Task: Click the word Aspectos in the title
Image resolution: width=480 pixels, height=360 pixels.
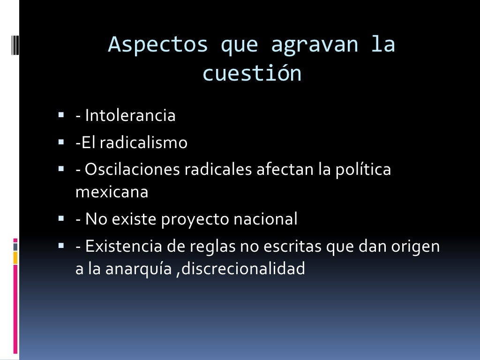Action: [158, 45]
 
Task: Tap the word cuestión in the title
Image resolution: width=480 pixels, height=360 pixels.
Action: [252, 74]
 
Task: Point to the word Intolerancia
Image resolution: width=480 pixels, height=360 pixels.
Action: [130, 115]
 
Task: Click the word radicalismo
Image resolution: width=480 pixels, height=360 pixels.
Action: [143, 142]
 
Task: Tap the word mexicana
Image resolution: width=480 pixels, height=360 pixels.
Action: [112, 192]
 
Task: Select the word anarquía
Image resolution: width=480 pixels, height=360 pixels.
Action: [141, 269]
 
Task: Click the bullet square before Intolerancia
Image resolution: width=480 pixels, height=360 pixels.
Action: [62, 114]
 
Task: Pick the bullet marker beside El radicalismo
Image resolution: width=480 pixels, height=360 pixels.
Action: [62, 142]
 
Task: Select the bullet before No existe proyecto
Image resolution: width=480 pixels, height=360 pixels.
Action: [62, 218]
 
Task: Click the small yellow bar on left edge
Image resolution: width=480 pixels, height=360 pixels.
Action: [15, 257]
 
